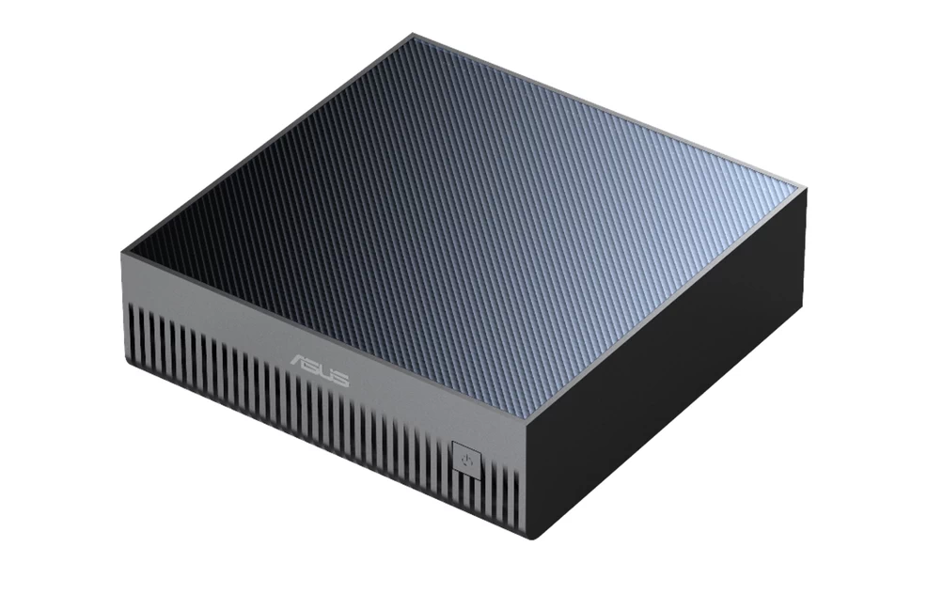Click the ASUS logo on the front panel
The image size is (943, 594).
(x=320, y=369)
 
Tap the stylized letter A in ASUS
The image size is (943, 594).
(x=300, y=361)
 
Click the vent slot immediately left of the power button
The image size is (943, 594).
(x=446, y=470)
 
